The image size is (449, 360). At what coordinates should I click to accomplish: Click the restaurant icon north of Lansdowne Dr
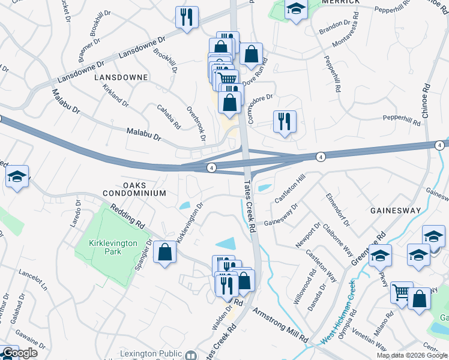click(187, 17)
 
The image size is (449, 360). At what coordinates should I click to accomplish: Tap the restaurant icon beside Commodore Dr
click(283, 122)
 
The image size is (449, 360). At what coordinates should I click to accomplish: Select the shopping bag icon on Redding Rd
click(164, 252)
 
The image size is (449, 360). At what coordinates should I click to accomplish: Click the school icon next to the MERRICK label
click(295, 10)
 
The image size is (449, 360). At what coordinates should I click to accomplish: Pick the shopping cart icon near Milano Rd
click(401, 293)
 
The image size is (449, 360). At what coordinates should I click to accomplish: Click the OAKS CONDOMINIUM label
click(134, 189)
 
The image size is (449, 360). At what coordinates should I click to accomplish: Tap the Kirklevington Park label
click(104, 247)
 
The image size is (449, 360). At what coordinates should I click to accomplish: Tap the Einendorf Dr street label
click(338, 209)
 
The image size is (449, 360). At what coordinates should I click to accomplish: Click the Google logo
click(20, 353)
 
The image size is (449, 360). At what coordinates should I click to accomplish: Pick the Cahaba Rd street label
click(169, 116)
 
